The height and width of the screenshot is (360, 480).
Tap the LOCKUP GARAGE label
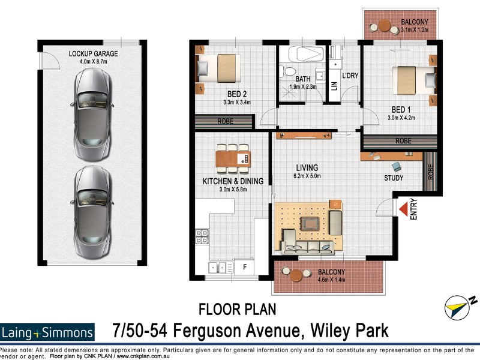coord(93,53)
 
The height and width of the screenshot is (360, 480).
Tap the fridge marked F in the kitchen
coord(244,266)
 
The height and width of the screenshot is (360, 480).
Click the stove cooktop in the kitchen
coord(202,237)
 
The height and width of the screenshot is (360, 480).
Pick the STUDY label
coord(394,178)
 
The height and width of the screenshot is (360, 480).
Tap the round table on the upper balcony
coord(383,26)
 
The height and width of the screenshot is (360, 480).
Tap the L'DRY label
coord(350,76)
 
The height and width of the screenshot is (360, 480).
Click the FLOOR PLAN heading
coord(237,310)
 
